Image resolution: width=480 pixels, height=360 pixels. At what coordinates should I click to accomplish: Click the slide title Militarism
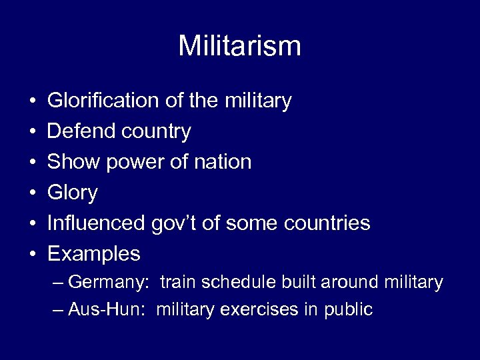pyautogui.click(x=239, y=46)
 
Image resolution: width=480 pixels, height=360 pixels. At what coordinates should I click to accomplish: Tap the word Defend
pyautogui.click(x=81, y=131)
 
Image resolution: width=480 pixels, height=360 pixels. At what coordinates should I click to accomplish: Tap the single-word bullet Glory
pyautogui.click(x=73, y=193)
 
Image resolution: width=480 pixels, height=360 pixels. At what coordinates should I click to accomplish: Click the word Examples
pyautogui.click(x=94, y=254)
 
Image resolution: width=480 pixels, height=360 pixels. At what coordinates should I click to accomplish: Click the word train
pyautogui.click(x=176, y=282)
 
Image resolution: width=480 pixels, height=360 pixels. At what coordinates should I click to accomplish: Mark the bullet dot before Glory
pyautogui.click(x=33, y=193)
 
